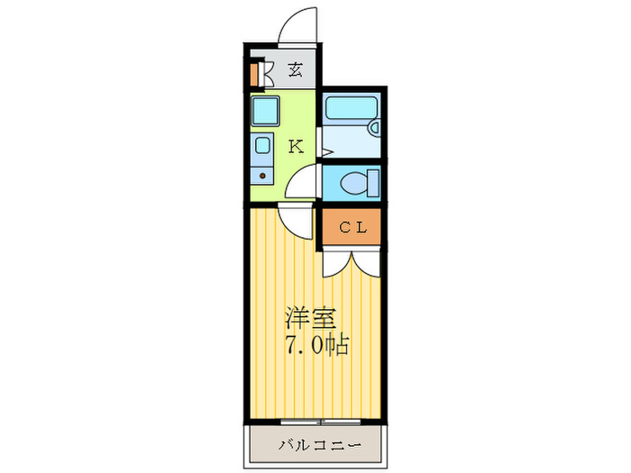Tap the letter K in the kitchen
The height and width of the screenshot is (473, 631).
click(295, 147)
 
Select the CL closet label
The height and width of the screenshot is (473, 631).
click(352, 227)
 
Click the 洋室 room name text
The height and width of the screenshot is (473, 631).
click(311, 318)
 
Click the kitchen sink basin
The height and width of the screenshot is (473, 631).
click(263, 145)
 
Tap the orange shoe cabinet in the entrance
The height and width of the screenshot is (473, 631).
click(256, 73)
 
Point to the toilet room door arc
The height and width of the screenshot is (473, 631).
click(305, 183)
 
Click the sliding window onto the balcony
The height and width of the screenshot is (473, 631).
click(315, 421)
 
